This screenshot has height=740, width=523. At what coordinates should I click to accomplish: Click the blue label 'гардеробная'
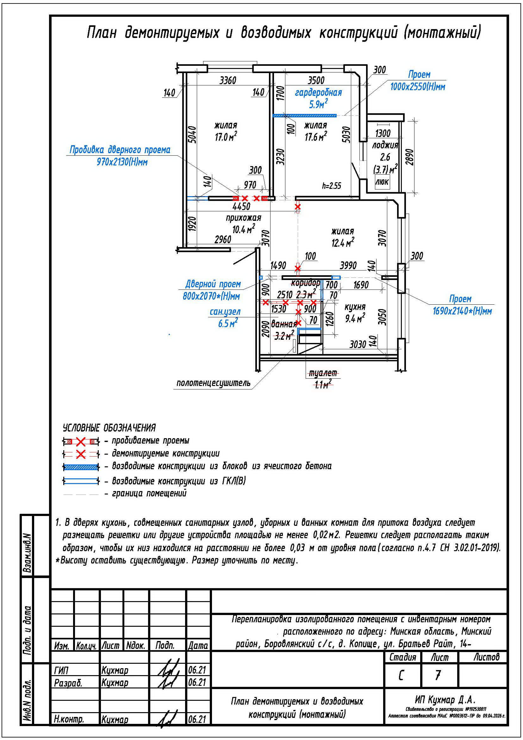point(318,93)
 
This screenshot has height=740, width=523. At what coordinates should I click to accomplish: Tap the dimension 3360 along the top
point(228,80)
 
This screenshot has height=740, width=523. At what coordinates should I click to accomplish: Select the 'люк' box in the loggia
point(382,182)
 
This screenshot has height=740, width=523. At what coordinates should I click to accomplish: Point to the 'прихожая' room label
point(243,218)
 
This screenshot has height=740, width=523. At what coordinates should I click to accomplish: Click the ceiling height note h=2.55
point(332,186)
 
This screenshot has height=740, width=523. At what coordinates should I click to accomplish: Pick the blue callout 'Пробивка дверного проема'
point(120,150)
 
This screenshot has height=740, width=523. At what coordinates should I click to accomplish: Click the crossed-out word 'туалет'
point(323,373)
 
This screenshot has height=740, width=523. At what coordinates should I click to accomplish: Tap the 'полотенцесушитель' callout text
point(213,383)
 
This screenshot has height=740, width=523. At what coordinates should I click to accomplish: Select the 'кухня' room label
point(355,307)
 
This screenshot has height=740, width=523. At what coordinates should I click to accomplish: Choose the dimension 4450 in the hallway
point(241,206)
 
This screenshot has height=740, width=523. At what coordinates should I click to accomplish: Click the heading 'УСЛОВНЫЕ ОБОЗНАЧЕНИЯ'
point(109,428)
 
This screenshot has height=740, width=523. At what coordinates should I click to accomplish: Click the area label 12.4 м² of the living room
point(343,243)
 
